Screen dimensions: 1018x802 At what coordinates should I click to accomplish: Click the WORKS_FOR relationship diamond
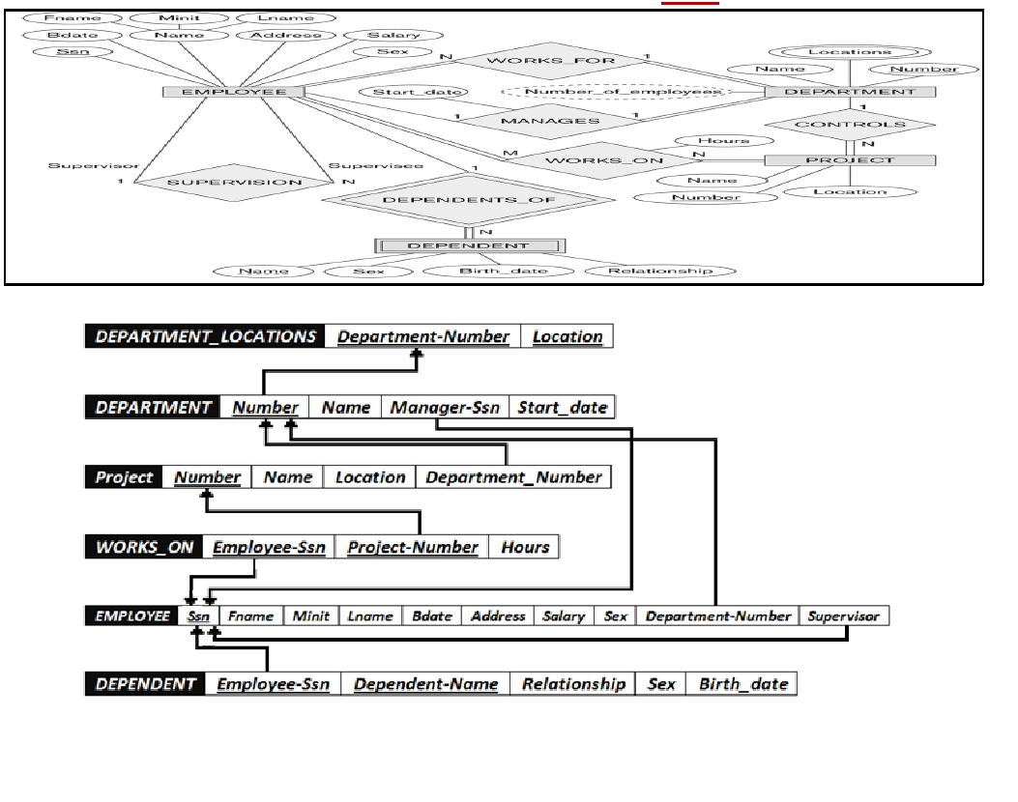550,61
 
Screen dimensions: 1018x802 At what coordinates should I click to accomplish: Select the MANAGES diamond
550,121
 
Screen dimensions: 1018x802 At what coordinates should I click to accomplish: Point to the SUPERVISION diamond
234,183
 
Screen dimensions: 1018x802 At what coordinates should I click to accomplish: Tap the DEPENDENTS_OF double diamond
469,200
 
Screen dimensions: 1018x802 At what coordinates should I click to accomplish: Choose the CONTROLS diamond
850,124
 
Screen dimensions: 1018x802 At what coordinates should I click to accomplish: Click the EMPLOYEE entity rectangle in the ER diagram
234,92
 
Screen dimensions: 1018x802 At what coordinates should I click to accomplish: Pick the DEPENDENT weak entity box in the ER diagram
470,246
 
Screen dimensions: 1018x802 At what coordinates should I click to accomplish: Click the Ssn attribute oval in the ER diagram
73,51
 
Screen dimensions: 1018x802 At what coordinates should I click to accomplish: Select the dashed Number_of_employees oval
622,92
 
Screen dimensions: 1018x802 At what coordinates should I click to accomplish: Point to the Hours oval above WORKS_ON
724,141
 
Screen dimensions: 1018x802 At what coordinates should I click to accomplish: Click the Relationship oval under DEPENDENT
660,272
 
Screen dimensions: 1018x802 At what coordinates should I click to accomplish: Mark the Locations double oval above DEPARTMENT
850,52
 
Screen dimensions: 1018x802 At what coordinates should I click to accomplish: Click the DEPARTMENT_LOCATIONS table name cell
205,336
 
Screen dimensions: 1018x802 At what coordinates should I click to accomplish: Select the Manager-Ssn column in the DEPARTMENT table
445,408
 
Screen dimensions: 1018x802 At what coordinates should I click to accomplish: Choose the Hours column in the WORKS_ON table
525,547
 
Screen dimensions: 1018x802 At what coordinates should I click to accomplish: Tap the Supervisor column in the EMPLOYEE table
843,616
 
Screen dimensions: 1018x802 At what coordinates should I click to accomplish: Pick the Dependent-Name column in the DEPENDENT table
426,684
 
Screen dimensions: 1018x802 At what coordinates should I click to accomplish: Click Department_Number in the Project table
513,477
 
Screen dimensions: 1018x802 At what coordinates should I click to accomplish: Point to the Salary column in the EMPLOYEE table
564,616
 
